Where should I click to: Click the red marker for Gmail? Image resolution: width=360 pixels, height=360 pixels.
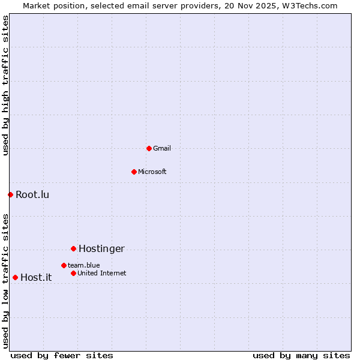coord(149,148)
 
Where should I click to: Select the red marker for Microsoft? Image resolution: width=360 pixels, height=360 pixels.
coord(134,172)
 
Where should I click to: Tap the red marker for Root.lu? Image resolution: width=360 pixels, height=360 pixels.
coord(10,194)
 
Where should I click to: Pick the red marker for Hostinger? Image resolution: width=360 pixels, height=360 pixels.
coord(73,248)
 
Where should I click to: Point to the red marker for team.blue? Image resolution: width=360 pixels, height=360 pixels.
coord(64,265)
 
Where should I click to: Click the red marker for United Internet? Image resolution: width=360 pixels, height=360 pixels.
coord(73,273)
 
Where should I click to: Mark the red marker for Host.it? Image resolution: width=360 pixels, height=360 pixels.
coord(15,277)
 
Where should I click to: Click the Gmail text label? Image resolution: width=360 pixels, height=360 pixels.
coord(162,148)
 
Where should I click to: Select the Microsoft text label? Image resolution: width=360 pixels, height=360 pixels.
coord(152,172)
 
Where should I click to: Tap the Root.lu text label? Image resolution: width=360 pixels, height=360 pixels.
coord(32,194)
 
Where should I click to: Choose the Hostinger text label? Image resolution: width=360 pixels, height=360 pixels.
coord(101,248)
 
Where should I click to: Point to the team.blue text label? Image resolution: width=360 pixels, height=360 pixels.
coord(84,265)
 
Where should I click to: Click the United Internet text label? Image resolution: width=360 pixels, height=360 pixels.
coord(102,273)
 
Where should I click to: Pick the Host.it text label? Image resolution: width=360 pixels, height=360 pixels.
coord(36,277)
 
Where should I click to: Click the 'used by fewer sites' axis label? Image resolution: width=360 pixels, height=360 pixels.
coord(62,355)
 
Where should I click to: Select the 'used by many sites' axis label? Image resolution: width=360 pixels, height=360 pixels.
coord(301,355)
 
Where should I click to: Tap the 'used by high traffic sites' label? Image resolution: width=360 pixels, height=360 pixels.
coord(5,86)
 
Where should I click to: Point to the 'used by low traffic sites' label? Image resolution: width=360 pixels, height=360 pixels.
coord(5,281)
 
